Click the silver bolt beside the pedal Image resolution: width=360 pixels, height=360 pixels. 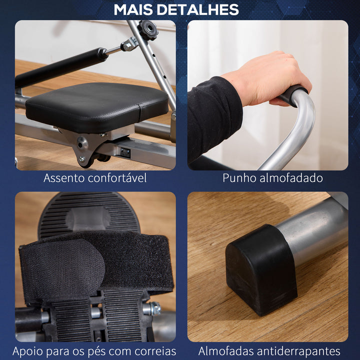154,308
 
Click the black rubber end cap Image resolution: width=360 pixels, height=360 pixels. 260,267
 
